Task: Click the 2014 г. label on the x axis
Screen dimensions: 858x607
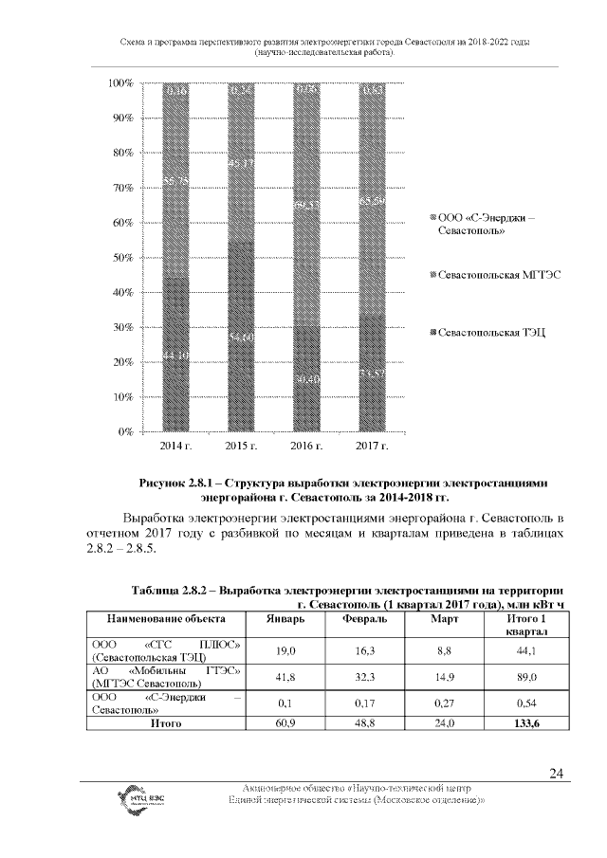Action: pos(175,445)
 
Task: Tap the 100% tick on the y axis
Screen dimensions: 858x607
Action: pos(120,83)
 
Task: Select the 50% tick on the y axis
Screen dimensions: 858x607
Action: pos(122,258)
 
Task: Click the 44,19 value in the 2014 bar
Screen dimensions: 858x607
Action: pos(175,355)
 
